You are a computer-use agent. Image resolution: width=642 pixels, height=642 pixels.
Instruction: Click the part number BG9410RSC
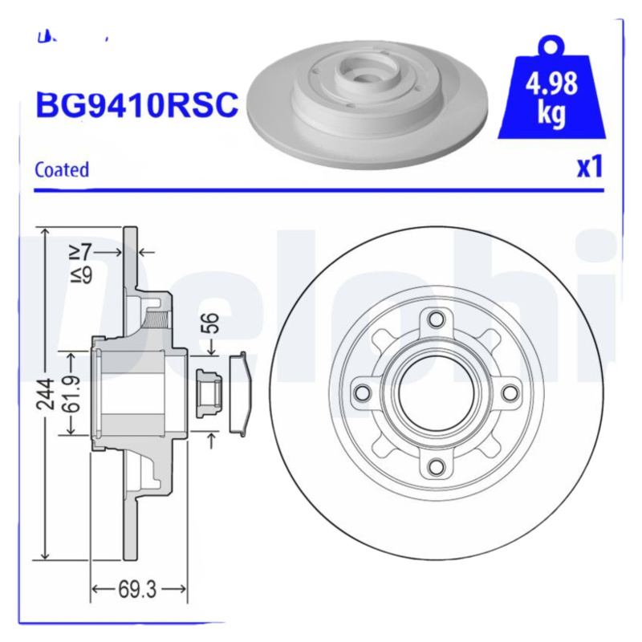coord(136,104)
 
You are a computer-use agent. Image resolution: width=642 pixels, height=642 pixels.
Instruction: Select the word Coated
coord(62,169)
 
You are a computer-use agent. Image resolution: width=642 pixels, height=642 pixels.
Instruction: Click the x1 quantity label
coord(590,167)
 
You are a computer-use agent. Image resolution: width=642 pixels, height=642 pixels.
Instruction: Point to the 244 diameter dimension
coord(47,394)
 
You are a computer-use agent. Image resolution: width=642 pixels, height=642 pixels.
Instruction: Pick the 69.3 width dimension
coord(137,590)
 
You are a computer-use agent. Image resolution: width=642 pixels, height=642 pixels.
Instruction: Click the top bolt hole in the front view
coord(436,319)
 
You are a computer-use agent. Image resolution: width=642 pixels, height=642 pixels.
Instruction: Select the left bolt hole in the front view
coord(363,392)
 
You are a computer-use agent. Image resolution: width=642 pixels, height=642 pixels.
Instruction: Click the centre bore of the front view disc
coord(436,392)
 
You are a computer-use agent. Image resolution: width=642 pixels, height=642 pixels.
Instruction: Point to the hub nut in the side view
coord(207,393)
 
